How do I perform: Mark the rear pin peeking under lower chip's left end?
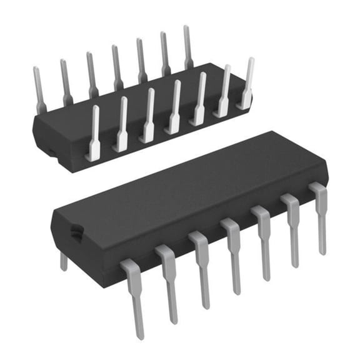point(63,260)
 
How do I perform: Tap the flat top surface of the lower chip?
point(187,187)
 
